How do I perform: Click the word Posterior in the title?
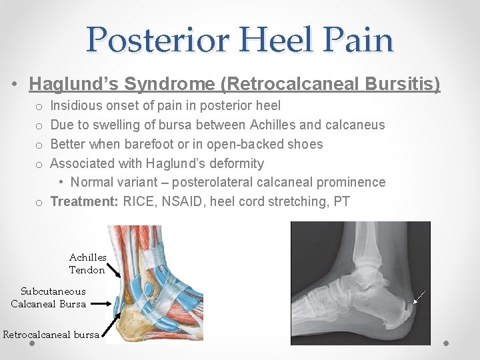[x=159, y=39]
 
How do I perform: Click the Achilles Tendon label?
[x=87, y=263]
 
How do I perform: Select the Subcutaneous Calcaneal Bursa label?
[x=49, y=297]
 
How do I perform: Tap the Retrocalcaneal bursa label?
[x=51, y=335]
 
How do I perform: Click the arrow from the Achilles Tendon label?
[x=113, y=269]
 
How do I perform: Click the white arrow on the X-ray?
[x=419, y=298]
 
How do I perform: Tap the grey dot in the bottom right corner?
[x=447, y=344]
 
